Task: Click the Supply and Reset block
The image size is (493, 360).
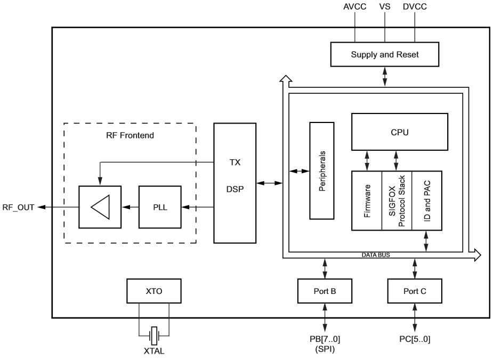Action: point(384,55)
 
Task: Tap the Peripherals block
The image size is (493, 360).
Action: point(322,170)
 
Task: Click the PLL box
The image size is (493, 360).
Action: point(160,207)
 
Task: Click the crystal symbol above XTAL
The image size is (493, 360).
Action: point(154,336)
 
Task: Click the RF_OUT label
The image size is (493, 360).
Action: point(19,208)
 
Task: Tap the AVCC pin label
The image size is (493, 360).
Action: point(354,7)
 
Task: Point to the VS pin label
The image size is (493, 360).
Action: point(384,7)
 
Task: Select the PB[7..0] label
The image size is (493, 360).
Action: point(324,339)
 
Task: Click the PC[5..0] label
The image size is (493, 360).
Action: point(414,339)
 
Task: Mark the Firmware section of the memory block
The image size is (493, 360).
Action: point(367,201)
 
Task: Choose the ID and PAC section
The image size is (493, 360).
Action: point(427,201)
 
